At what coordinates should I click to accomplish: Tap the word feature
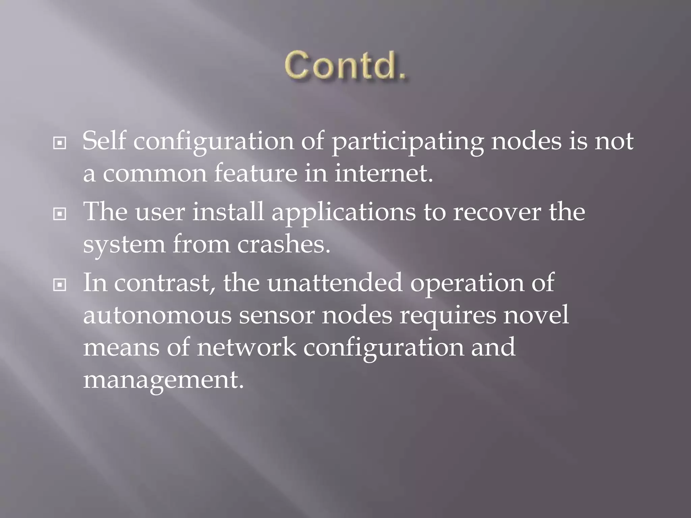point(256,173)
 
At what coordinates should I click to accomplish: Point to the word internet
point(383,173)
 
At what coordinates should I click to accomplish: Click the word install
point(228,212)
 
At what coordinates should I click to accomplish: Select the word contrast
point(164,283)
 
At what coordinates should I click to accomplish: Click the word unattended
point(335,283)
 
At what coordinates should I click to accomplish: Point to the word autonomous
point(157,315)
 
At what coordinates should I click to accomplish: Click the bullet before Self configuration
point(60,143)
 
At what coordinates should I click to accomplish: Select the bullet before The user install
point(60,214)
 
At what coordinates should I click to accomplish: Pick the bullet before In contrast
point(60,285)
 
